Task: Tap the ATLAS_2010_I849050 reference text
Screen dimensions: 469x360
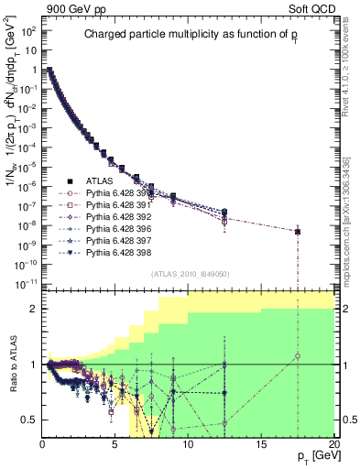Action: pyautogui.click(x=189, y=273)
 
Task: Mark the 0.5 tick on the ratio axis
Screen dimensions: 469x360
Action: pyautogui.click(x=29, y=420)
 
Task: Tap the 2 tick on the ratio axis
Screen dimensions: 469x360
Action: pyautogui.click(x=33, y=309)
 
